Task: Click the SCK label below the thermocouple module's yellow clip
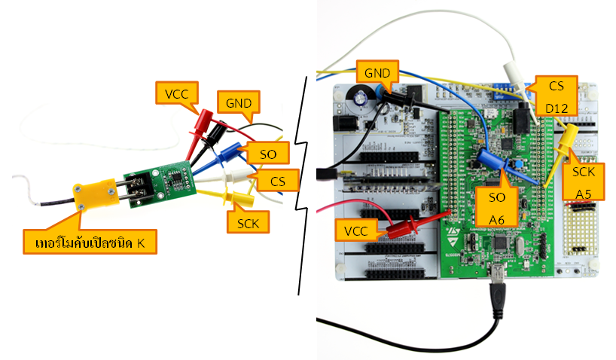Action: pyautogui.click(x=249, y=224)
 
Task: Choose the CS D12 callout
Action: pyautogui.click(x=557, y=96)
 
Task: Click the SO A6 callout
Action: pyautogui.click(x=496, y=208)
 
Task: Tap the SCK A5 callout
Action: pyautogui.click(x=583, y=183)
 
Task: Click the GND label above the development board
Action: pyautogui.click(x=376, y=73)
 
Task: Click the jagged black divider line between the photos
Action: pyautogui.click(x=302, y=181)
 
